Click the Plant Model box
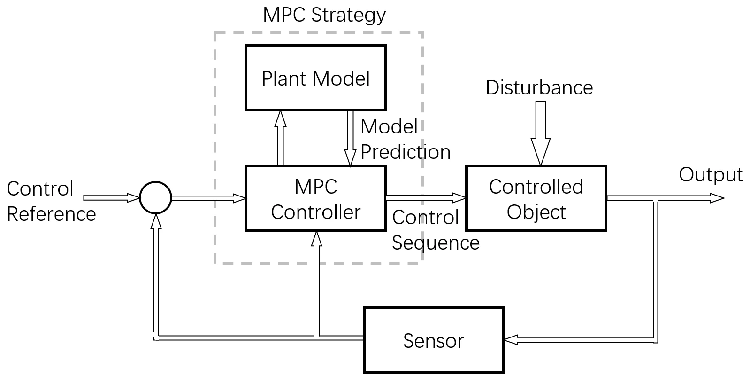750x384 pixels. coord(315,78)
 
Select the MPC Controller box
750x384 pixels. coord(315,198)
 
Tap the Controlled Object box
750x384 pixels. coord(536,198)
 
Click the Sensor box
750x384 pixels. coord(433,340)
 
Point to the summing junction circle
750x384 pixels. coord(156,198)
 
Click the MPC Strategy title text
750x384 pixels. coord(324,15)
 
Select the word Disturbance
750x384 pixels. coord(539,88)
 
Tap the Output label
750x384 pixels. coord(711,175)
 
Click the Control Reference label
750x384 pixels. coord(51,201)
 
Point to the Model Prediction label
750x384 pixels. coord(405,139)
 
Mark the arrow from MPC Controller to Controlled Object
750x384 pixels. coord(425,197)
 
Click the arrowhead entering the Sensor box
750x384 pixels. coord(511,339)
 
